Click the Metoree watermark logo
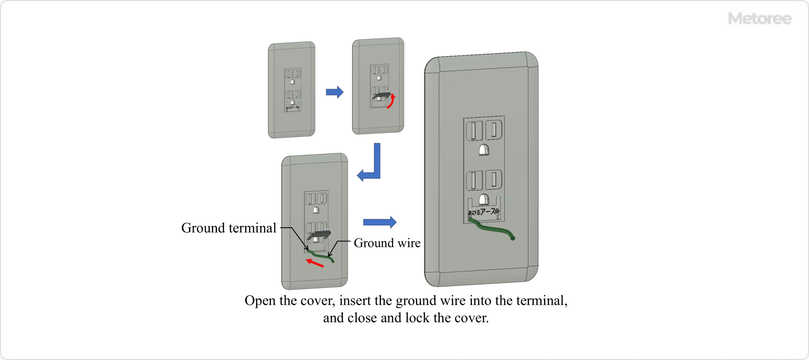pyautogui.click(x=759, y=19)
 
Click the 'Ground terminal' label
pyautogui.click(x=228, y=228)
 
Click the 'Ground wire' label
pyautogui.click(x=387, y=243)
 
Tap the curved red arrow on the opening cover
pyautogui.click(x=391, y=101)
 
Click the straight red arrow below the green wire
pyautogui.click(x=315, y=262)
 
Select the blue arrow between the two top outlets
pyautogui.click(x=334, y=92)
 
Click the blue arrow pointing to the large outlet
pyautogui.click(x=379, y=222)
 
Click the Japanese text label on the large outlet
pyautogui.click(x=483, y=212)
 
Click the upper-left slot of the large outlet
pyautogui.click(x=474, y=130)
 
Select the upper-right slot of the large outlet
pyautogui.click(x=494, y=129)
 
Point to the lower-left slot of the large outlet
pyautogui.click(x=474, y=180)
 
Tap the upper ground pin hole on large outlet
pyautogui.click(x=484, y=150)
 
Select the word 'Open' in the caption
pyautogui.click(x=260, y=300)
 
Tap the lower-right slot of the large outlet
pyautogui.click(x=494, y=180)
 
